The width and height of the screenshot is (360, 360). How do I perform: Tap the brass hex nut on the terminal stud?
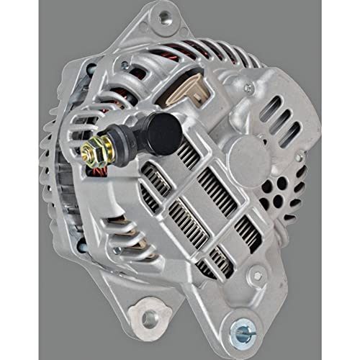92,150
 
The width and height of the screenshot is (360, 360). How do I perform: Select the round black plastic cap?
163,134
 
